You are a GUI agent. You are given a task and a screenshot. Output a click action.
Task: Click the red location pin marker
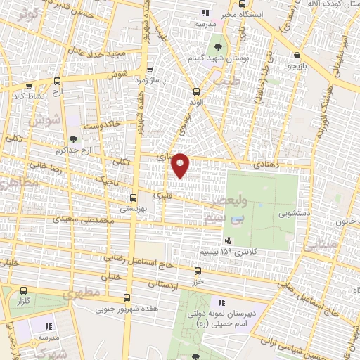(x=181, y=165)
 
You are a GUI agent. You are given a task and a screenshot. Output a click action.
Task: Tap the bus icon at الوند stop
(x=195, y=91)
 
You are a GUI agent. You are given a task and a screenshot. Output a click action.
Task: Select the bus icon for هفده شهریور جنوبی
(x=127, y=297)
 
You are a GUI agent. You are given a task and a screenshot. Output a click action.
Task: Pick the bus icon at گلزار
(x=24, y=290)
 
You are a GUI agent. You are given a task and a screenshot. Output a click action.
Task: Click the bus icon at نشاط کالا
(x=56, y=82)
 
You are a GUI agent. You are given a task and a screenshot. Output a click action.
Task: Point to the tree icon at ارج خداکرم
(x=75, y=139)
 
